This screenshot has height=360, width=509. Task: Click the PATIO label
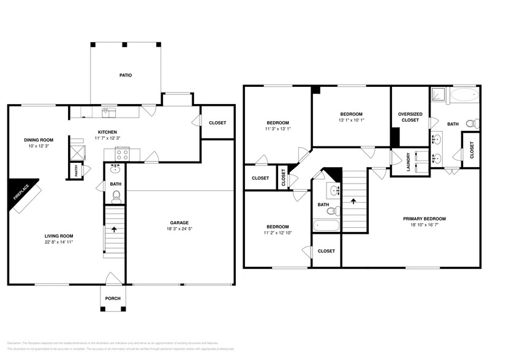point(126,75)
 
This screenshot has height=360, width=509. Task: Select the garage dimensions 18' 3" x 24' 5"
point(179,229)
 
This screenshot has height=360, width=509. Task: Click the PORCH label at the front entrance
point(113,298)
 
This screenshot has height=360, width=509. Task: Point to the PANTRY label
point(77,172)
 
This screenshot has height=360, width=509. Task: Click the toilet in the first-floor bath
point(116,196)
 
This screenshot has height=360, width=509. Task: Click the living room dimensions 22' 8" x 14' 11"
point(59,242)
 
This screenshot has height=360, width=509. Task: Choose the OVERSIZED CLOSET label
point(409,116)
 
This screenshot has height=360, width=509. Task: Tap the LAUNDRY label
point(409,162)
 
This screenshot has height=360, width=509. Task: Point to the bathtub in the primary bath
point(463,95)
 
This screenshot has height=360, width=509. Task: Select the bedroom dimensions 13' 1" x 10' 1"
point(352,120)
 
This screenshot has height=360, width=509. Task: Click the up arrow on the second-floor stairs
point(353,200)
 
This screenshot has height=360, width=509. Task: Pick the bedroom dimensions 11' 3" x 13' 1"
point(277,129)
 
